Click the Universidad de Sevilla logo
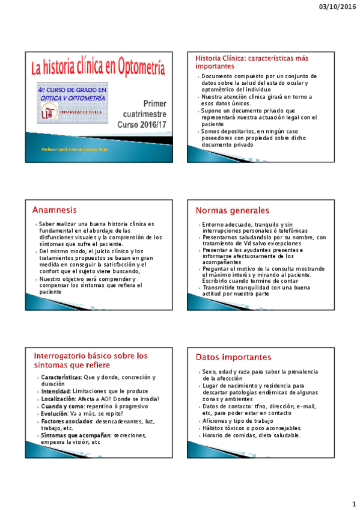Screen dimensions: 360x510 tap(46, 112)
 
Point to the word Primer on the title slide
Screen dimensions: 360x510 tap(155, 103)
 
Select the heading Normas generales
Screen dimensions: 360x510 tap(233, 210)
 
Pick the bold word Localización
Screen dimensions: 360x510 tap(59, 399)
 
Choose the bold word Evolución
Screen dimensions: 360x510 tap(55, 413)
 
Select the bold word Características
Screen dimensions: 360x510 tap(61, 377)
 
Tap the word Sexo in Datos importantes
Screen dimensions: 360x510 tap(209, 372)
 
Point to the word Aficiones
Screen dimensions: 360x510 tap(216, 421)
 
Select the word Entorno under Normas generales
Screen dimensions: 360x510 tap(215, 224)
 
